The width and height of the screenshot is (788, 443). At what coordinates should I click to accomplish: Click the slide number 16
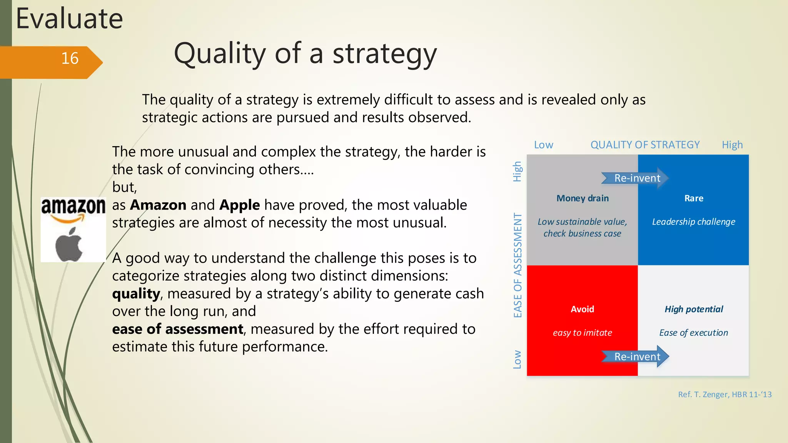pos(70,58)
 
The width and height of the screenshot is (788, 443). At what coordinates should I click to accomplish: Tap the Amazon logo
pos(73,210)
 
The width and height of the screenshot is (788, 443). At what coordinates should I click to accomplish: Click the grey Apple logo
pos(69,245)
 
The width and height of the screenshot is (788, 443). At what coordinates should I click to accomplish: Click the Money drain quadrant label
pos(583,198)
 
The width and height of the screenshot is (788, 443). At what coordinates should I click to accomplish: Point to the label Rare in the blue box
pos(694,198)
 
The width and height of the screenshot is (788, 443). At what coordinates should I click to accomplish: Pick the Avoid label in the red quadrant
pos(582,309)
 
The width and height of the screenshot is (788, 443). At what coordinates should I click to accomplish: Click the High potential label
pos(694,309)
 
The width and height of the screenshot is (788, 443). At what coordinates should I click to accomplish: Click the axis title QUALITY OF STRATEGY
pos(645,145)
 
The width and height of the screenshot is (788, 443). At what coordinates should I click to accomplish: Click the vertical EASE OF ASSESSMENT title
pos(518,265)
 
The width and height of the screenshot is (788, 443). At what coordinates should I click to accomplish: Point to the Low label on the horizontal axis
pos(543,145)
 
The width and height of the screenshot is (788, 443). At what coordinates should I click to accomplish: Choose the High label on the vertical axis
pos(518,172)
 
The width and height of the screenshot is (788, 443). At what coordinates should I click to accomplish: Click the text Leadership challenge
pos(693,222)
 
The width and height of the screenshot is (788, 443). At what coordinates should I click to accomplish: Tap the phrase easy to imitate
pos(582,333)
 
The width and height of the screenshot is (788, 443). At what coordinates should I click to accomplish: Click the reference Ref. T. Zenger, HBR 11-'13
pos(725,395)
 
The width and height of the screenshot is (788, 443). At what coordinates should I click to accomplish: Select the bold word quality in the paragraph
pos(136,294)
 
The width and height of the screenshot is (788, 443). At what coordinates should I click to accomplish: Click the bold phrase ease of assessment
pos(177,329)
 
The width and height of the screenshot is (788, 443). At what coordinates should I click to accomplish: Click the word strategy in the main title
pos(384,54)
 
